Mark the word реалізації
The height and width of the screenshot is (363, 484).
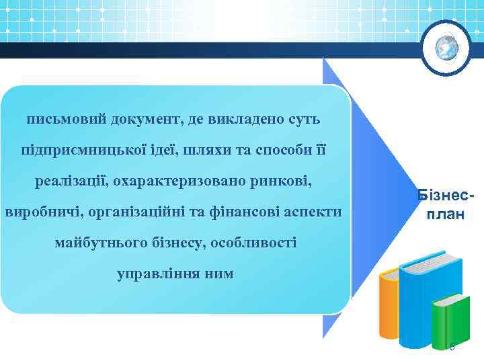pos(71,181)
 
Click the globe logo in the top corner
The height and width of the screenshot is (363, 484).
pos(446,48)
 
